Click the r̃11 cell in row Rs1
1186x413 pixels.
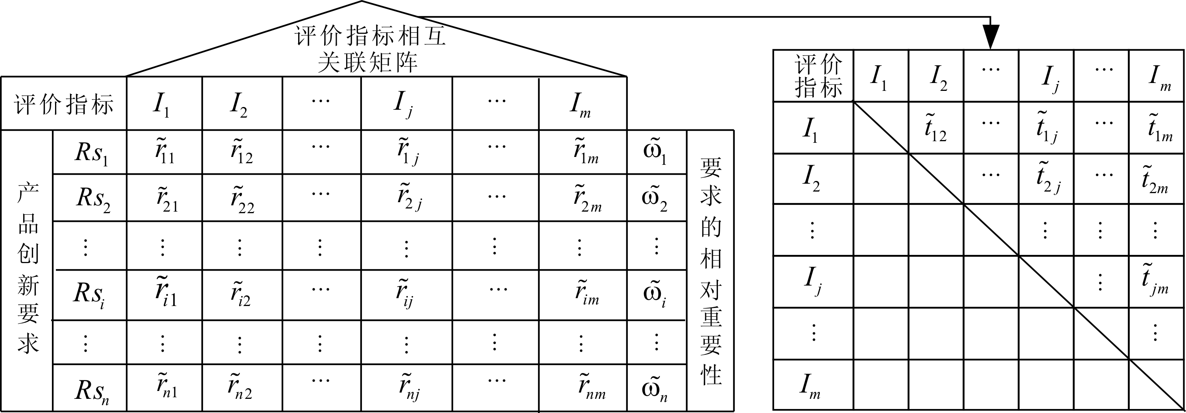(164, 151)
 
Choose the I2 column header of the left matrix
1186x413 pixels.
(239, 105)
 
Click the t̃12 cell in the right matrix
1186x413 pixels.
(935, 127)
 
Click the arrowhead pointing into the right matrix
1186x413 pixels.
(990, 36)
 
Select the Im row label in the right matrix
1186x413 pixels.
(810, 386)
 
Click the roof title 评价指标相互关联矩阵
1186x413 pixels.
(370, 49)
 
